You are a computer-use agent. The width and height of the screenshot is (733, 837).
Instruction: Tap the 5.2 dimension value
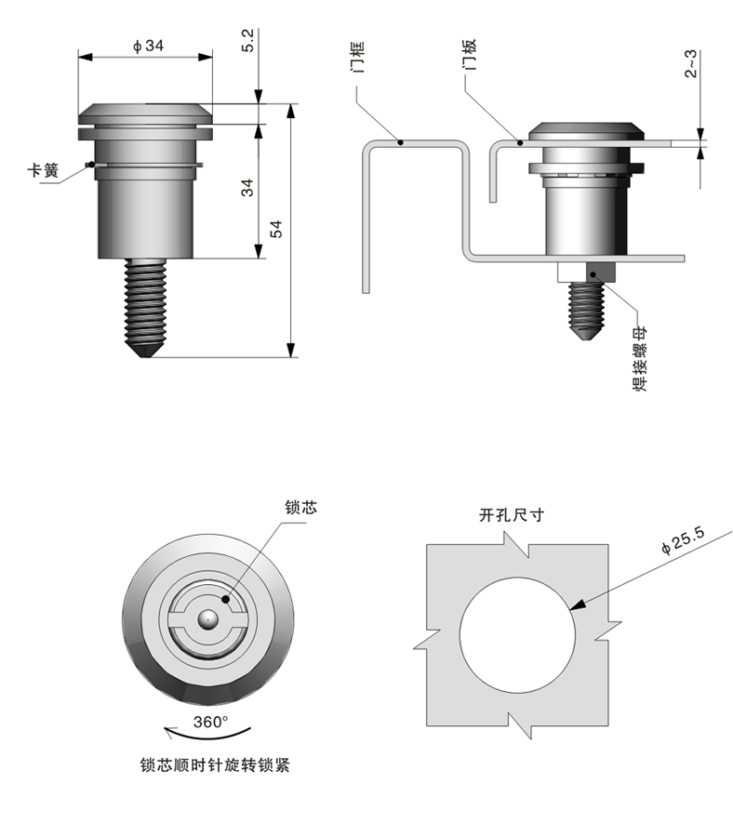(247, 40)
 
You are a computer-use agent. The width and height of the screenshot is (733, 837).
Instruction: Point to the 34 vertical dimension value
(247, 187)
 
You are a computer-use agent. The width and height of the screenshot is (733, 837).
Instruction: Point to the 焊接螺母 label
(641, 362)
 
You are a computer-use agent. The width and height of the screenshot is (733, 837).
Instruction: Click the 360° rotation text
(210, 722)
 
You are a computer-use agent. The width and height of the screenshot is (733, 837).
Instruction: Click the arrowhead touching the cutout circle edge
(577, 606)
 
